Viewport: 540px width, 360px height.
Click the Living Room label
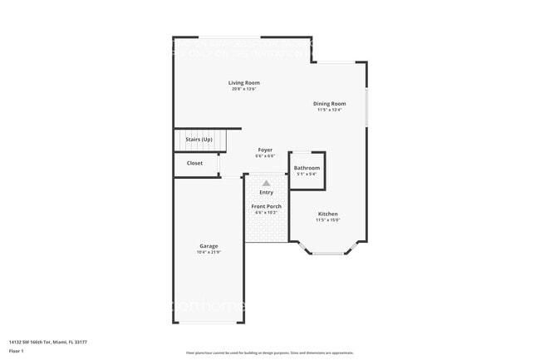(x=245, y=82)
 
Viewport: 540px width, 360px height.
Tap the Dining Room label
(x=329, y=104)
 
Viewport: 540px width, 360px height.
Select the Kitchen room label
(x=327, y=214)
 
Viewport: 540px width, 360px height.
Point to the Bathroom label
(x=307, y=168)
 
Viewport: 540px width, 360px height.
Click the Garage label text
(x=209, y=246)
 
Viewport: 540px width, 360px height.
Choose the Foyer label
(x=264, y=150)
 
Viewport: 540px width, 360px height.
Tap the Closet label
(x=194, y=163)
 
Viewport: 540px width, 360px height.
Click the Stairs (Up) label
(x=199, y=140)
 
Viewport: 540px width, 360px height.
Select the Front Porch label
(x=266, y=206)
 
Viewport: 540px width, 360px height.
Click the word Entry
(x=266, y=192)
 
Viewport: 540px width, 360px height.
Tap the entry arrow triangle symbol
(x=266, y=183)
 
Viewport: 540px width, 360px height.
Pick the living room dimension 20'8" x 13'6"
(x=245, y=88)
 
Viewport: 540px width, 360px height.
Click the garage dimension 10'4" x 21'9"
(x=209, y=252)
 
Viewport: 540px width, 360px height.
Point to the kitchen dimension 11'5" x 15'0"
(x=327, y=219)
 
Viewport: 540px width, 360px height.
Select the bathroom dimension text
(x=307, y=174)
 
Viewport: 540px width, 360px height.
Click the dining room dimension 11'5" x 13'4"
(x=329, y=110)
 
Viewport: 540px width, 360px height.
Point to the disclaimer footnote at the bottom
(x=269, y=353)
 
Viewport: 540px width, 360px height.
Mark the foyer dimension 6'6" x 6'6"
(x=264, y=155)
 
